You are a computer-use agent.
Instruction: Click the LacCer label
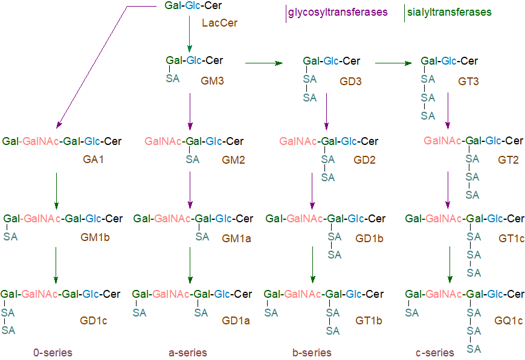point(219,24)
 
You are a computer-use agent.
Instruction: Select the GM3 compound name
point(213,80)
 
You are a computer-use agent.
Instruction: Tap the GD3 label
point(350,80)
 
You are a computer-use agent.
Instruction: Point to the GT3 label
point(468,80)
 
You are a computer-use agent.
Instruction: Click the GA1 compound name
point(94,160)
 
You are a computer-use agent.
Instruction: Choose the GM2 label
point(233,160)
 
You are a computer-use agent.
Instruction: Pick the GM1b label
point(95,237)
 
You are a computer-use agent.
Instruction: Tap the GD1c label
point(93,321)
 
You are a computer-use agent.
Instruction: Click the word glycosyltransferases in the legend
point(338,12)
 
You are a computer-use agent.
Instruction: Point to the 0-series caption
point(53,352)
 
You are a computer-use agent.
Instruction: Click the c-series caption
point(435,352)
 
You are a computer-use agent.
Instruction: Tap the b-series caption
point(311,352)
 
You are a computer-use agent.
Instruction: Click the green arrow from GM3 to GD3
point(263,62)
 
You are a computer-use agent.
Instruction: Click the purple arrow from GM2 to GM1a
point(190,190)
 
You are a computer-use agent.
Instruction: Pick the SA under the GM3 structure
point(173,79)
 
